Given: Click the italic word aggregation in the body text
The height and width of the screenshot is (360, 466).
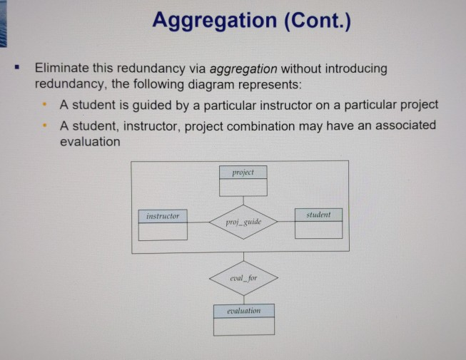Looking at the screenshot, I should pyautogui.click(x=243, y=69).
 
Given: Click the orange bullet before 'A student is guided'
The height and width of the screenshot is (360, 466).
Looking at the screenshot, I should pyautogui.click(x=44, y=106).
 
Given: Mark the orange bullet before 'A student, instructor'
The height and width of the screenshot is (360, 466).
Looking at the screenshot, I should pyautogui.click(x=44, y=125).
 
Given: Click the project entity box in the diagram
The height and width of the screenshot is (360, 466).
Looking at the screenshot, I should pyautogui.click(x=243, y=181).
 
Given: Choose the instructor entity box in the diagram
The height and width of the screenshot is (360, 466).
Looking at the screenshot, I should pyautogui.click(x=163, y=225).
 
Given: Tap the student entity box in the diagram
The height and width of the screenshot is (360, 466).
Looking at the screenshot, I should pyautogui.click(x=318, y=223).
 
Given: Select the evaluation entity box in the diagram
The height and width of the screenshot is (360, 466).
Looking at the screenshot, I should pyautogui.click(x=244, y=319).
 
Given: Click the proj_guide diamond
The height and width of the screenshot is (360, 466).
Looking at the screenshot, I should pyautogui.click(x=243, y=222).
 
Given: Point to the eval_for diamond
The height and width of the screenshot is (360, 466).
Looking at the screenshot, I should pyautogui.click(x=243, y=277).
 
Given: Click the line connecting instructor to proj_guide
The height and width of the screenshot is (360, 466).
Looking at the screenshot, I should pyautogui.click(x=198, y=222).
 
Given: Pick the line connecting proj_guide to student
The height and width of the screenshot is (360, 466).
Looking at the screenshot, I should pyautogui.click(x=286, y=221).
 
